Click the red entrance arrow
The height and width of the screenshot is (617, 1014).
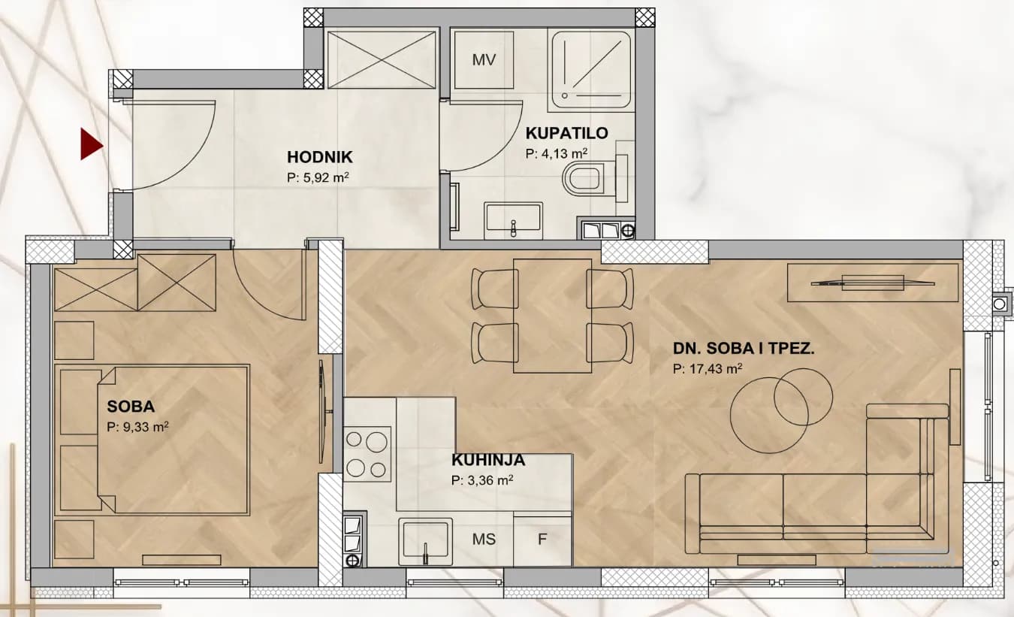tap(92, 144)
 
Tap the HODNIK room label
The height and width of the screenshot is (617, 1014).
tap(319, 157)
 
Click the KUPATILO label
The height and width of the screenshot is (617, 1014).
tap(566, 133)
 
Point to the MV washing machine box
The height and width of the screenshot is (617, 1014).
tap(484, 59)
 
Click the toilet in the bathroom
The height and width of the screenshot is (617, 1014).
tap(588, 179)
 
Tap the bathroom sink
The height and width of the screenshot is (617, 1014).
tap(513, 221)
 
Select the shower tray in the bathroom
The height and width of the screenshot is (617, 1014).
tap(590, 71)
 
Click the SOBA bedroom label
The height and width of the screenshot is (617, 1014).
tap(131, 407)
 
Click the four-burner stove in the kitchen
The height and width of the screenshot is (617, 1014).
tap(367, 454)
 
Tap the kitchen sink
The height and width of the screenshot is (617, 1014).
tap(426, 542)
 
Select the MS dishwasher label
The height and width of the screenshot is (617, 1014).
tap(484, 539)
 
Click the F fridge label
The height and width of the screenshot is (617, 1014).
tap(542, 539)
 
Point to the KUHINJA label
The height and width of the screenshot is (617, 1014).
tap(488, 460)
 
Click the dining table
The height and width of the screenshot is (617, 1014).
tap(552, 316)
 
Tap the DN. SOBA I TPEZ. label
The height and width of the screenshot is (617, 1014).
tap(744, 349)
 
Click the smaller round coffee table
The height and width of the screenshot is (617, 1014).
tap(803, 397)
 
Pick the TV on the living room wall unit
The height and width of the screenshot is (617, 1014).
tap(873, 283)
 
